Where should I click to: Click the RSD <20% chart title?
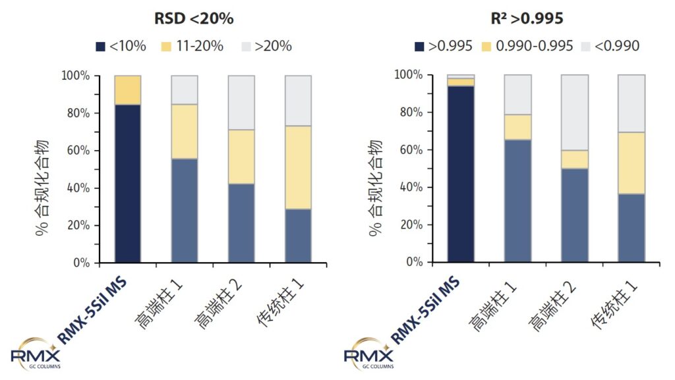194,18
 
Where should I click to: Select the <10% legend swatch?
101,47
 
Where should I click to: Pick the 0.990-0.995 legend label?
535,46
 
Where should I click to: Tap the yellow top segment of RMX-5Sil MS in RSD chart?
127,90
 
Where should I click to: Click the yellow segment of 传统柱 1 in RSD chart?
298,167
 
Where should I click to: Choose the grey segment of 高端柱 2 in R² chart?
574,113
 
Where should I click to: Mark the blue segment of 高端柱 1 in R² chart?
517,201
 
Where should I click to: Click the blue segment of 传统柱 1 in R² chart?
631,228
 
